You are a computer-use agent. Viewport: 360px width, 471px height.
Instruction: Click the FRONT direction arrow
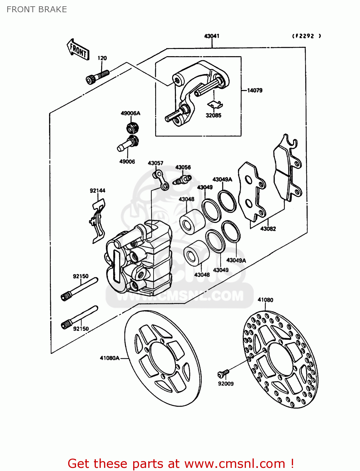coord(78,50)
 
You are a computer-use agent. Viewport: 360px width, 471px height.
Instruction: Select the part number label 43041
coord(212,36)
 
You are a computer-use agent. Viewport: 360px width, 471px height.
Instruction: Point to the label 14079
coord(254,90)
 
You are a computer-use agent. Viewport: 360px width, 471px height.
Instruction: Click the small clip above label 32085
coord(215,104)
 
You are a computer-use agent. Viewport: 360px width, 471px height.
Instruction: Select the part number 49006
coord(127,161)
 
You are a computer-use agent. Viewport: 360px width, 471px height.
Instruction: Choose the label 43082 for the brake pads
coord(268,229)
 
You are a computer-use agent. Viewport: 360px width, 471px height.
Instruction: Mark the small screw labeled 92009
coord(223,373)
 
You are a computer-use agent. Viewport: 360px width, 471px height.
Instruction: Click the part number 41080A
coord(110,358)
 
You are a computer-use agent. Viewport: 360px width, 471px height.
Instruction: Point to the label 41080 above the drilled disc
coord(265,300)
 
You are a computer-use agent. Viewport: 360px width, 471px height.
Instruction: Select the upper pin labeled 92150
coord(79,289)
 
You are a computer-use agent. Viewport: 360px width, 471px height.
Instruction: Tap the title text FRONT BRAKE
coord(37,9)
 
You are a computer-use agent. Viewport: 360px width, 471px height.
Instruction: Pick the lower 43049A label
coord(236,260)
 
